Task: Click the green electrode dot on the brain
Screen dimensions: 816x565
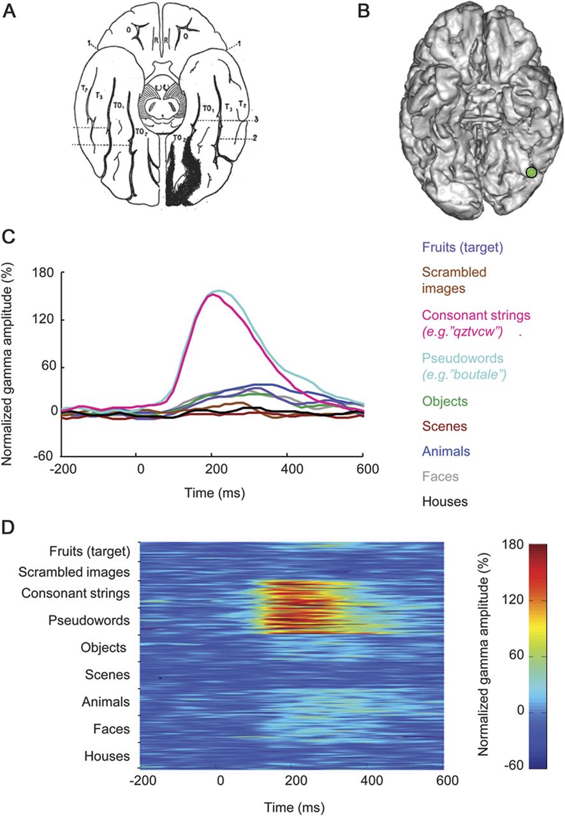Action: (x=531, y=171)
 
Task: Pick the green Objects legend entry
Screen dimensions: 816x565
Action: (x=444, y=402)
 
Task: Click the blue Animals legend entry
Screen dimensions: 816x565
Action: (x=445, y=451)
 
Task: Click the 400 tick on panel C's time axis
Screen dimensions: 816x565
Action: (x=288, y=468)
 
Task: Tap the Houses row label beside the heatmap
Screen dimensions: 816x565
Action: (x=107, y=757)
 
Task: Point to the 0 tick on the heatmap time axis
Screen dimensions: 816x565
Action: (x=221, y=781)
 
